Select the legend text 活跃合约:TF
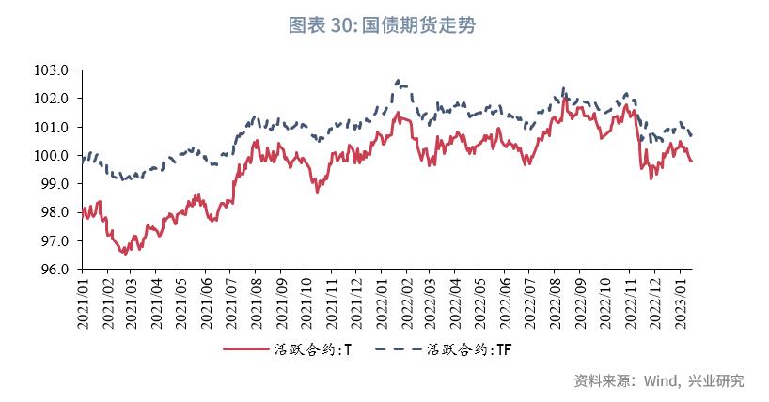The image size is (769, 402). [469, 349]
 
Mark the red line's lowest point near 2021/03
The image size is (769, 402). [124, 254]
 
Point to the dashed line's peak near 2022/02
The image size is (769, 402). [398, 81]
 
